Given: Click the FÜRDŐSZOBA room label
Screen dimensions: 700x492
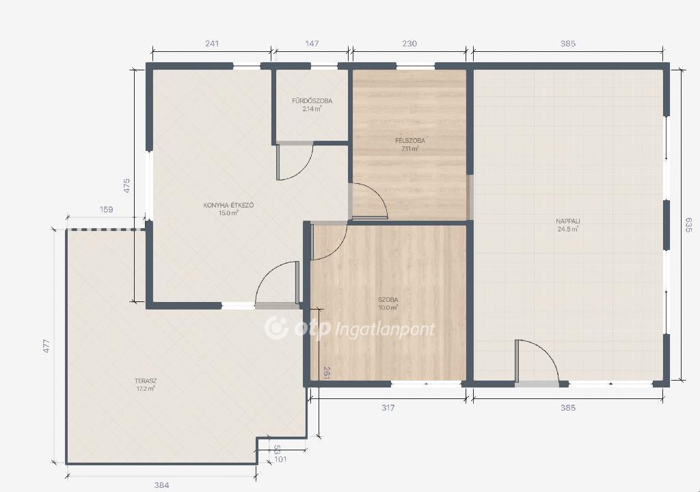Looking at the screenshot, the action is pyautogui.click(x=312, y=101).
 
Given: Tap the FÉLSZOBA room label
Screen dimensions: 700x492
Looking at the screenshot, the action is pyautogui.click(x=410, y=141).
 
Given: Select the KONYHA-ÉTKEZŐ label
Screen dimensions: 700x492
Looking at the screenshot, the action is pyautogui.click(x=228, y=206).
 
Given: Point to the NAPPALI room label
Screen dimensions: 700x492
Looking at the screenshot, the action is pyautogui.click(x=568, y=221).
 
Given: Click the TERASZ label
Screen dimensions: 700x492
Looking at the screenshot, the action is pyautogui.click(x=146, y=381).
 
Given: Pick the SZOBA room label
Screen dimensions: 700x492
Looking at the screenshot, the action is pyautogui.click(x=388, y=300).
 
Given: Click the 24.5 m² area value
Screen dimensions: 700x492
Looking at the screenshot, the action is pyautogui.click(x=568, y=230).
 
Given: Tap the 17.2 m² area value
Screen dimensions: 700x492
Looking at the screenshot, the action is pyautogui.click(x=146, y=389).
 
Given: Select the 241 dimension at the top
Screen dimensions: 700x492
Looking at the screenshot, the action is pyautogui.click(x=212, y=43).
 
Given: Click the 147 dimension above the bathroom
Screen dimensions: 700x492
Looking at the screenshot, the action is pyautogui.click(x=312, y=43).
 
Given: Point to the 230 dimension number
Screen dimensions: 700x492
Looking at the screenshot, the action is pyautogui.click(x=409, y=43).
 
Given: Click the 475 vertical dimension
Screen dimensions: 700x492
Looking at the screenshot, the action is pyautogui.click(x=126, y=186).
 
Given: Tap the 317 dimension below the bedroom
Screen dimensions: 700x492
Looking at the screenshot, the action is pyautogui.click(x=388, y=408).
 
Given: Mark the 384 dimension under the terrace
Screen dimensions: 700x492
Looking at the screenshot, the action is pyautogui.click(x=161, y=485).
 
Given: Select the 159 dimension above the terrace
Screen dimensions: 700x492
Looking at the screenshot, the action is pyautogui.click(x=106, y=209).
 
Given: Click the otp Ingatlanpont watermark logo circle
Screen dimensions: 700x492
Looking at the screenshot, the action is pyautogui.click(x=276, y=328).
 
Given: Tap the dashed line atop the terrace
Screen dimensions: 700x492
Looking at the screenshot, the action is pyautogui.click(x=106, y=230).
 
